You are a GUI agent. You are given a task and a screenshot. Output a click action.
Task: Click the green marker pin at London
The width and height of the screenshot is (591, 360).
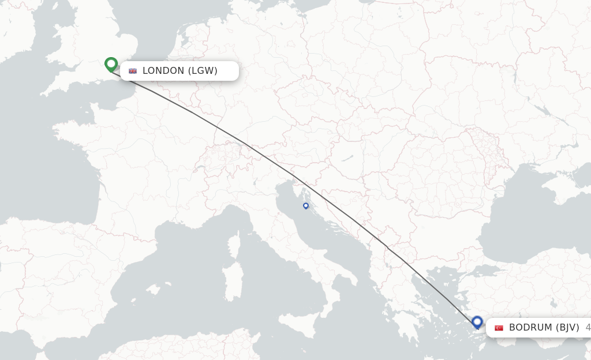[111, 63]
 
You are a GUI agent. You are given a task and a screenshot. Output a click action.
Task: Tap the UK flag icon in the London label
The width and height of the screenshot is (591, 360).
[133, 71]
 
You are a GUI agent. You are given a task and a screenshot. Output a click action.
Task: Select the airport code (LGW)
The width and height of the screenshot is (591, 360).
[203, 71]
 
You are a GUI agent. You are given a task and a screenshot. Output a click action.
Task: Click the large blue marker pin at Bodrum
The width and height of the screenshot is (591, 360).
[477, 321]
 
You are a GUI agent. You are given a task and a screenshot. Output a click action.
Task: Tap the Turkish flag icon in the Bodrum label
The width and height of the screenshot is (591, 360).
[499, 328]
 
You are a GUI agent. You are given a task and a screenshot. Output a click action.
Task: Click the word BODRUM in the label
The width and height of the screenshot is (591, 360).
[530, 328]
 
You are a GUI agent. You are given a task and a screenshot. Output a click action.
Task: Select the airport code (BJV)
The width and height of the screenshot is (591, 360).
[568, 328]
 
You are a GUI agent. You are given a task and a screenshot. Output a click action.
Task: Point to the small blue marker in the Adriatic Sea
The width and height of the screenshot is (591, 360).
[306, 205]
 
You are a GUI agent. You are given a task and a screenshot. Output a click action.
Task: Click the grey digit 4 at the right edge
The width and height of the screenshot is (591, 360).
[588, 328]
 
